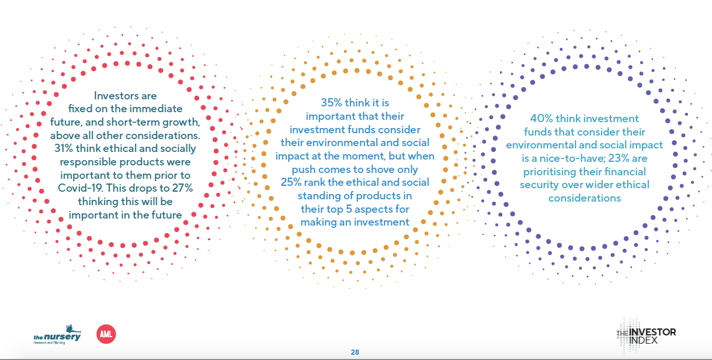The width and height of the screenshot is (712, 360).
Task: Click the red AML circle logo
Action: pos(106,334)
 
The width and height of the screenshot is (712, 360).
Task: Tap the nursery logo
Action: pos(57,335)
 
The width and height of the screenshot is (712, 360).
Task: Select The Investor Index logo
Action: pos(646,335)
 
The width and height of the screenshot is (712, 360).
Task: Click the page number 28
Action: pos(355,352)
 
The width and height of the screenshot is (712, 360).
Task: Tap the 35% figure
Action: pos(332,103)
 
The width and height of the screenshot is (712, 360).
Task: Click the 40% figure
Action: pos(541,119)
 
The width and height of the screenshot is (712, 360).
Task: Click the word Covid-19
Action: pos(81,188)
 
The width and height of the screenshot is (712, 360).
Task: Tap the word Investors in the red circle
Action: pos(112,96)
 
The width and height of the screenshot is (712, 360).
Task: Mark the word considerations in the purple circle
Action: pos(585,198)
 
